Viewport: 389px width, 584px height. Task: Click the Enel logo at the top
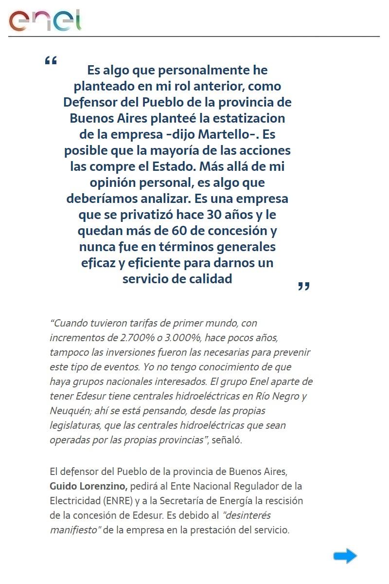pyautogui.click(x=45, y=20)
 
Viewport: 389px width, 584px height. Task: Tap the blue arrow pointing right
pyautogui.click(x=345, y=556)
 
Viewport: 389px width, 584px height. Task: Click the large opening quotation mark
pyautogui.click(x=51, y=61)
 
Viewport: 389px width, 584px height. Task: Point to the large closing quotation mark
pyautogui.click(x=303, y=286)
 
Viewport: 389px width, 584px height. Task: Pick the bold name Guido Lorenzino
pyautogui.click(x=88, y=486)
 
